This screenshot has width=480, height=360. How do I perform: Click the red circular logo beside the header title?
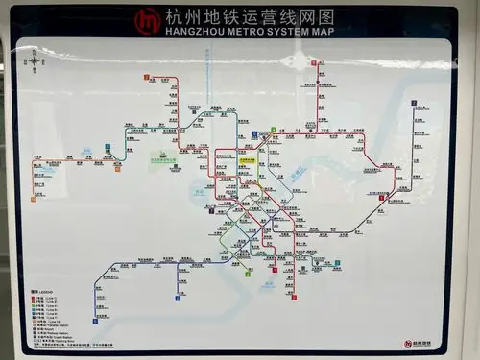(148, 20)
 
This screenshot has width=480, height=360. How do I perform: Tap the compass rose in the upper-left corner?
(36, 61)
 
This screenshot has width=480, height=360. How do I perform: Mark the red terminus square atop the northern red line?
(314, 63)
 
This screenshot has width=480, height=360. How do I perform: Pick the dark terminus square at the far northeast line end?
(413, 101)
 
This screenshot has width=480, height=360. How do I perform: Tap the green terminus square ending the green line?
(249, 273)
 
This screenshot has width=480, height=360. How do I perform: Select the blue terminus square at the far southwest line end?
(95, 321)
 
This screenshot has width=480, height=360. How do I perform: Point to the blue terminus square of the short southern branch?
(179, 299)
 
